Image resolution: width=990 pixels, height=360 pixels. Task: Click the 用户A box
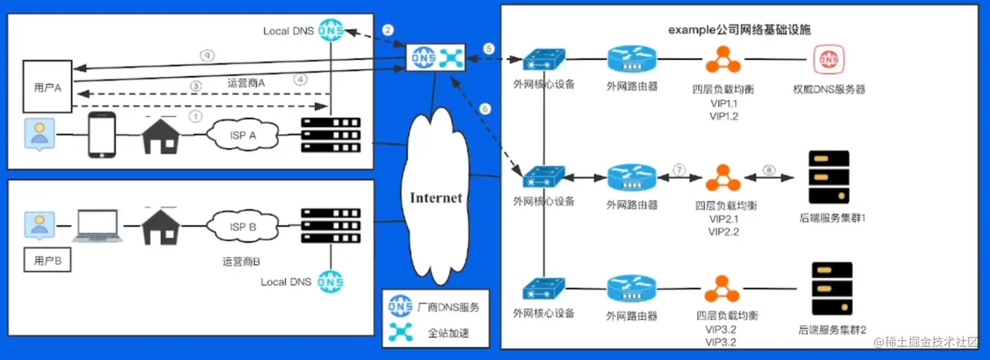tap(47, 87)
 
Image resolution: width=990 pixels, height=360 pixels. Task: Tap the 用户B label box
tap(47, 261)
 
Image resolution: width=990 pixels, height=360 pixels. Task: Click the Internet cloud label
tap(436, 198)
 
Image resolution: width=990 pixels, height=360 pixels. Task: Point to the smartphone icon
tap(101, 135)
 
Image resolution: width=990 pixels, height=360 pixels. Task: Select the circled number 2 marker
tap(388, 30)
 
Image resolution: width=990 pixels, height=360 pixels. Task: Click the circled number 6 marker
tap(485, 110)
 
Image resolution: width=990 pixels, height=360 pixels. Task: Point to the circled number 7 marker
tap(680, 170)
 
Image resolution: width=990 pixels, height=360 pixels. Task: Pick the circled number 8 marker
tap(769, 170)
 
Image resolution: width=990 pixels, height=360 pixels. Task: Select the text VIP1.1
tap(724, 104)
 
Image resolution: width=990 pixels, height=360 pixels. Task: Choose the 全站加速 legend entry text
tap(449, 333)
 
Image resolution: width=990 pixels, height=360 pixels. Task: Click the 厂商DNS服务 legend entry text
tap(449, 306)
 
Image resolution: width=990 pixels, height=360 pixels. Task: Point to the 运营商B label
tap(241, 262)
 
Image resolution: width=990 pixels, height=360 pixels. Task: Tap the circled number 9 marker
tap(206, 57)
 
